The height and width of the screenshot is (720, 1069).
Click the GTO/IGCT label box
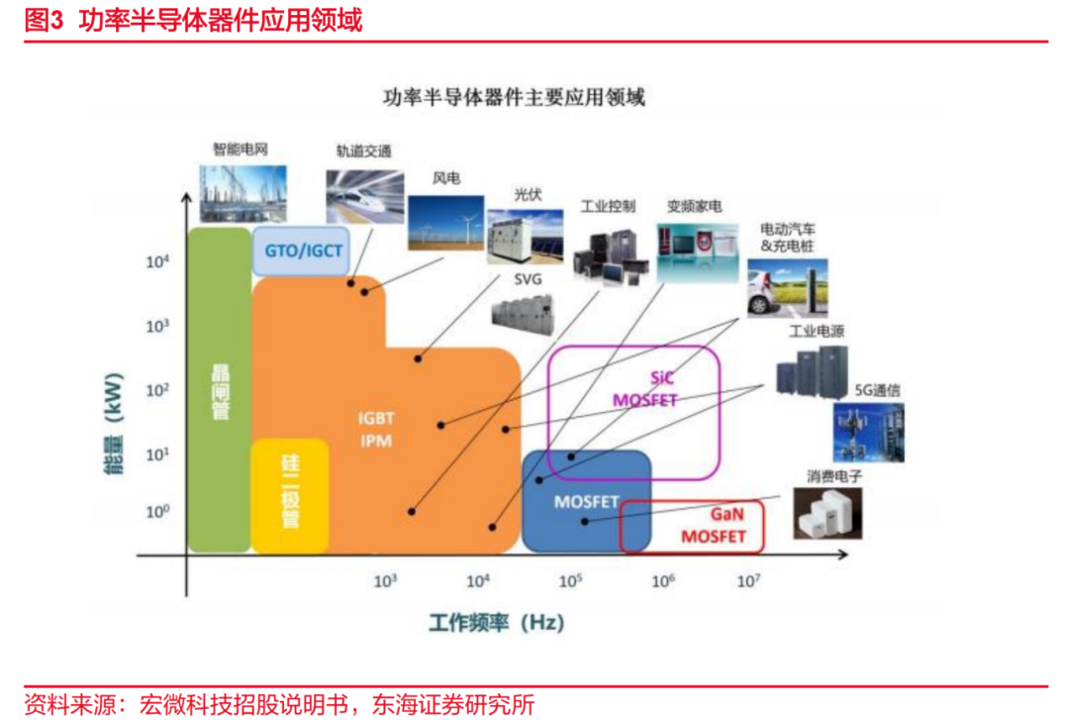click(301, 251)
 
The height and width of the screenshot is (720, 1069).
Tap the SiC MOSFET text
click(645, 389)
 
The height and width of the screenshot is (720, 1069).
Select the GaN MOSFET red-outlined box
click(691, 526)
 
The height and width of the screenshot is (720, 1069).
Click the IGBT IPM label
click(376, 429)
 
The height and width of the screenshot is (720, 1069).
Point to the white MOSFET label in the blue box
click(586, 502)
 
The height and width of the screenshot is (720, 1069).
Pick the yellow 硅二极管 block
click(290, 495)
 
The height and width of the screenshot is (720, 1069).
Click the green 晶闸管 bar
click(220, 389)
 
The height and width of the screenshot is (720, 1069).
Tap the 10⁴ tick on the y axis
click(157, 261)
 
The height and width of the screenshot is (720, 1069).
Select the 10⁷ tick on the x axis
click(748, 580)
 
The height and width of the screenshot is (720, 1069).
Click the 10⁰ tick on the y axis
click(157, 511)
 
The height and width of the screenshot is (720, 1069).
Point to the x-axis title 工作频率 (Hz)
click(496, 622)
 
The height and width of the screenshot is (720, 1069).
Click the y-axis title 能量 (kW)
click(113, 424)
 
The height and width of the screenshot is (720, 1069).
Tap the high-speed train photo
click(364, 196)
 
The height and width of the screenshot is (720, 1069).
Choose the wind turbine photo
click(445, 223)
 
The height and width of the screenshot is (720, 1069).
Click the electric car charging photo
click(788, 288)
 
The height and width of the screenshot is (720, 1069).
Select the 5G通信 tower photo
click(869, 433)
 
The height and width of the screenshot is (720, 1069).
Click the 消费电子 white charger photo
click(827, 513)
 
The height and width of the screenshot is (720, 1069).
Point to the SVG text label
click(528, 279)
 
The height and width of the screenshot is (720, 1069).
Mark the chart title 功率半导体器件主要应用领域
click(514, 98)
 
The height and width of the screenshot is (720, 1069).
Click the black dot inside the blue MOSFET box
click(584, 522)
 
